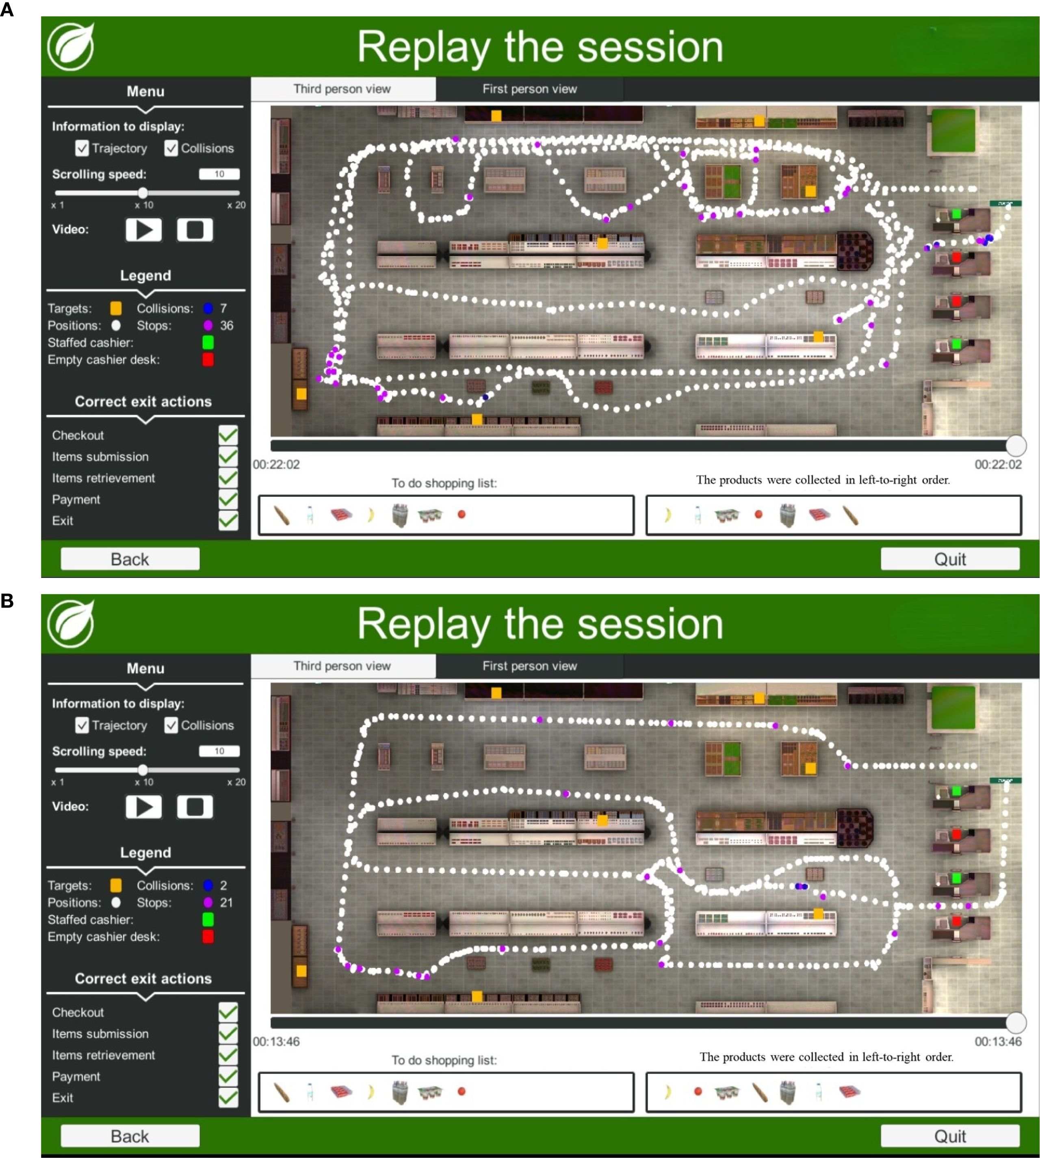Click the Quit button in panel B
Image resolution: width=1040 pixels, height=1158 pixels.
[x=950, y=1136]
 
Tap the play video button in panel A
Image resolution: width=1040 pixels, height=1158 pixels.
[x=143, y=229]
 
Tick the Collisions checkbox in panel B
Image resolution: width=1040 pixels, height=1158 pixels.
[x=171, y=725]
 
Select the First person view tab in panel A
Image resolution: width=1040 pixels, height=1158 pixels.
[x=529, y=89]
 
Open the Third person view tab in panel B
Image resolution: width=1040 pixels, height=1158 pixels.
[x=342, y=666]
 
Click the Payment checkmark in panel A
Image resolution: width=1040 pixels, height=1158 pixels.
[x=228, y=499]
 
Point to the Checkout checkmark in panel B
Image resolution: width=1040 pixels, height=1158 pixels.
[x=228, y=1012]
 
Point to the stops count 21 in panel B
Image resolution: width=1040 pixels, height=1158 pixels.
[x=227, y=903]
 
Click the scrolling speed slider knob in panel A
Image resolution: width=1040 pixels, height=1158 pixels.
[x=143, y=193]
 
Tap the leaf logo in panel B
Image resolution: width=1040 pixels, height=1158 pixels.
[x=71, y=624]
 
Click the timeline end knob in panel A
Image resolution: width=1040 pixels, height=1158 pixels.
[x=1016, y=445]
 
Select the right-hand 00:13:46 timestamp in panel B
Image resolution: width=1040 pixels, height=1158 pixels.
[x=998, y=1041]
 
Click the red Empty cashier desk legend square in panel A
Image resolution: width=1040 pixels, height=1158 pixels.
[x=208, y=359]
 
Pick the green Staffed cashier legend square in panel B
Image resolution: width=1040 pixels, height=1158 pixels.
[x=208, y=919]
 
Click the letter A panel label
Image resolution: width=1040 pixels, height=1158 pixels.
[x=7, y=10]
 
